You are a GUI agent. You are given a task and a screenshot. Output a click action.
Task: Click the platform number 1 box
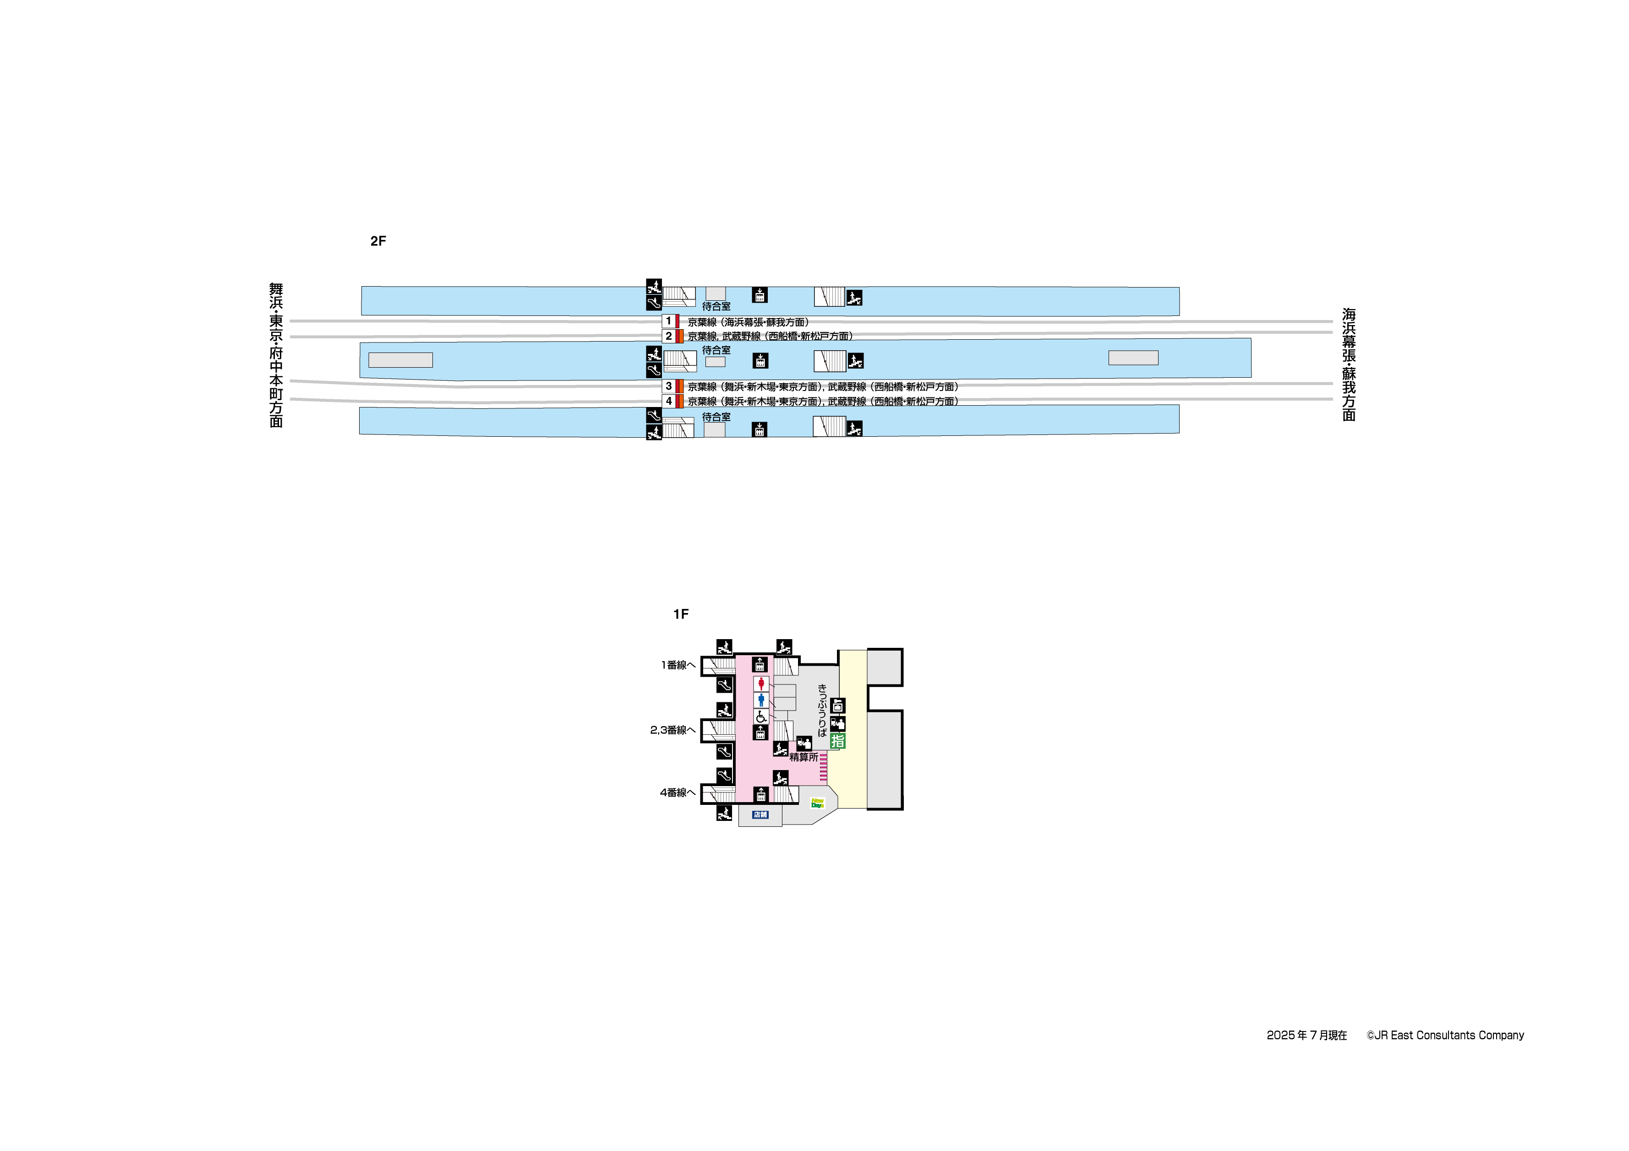click(668, 321)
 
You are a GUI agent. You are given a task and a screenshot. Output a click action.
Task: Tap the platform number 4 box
click(668, 402)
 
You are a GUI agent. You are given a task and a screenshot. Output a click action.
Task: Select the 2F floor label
click(378, 241)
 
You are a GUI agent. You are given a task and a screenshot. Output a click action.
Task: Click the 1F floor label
click(680, 614)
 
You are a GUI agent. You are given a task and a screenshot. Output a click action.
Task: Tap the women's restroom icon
click(760, 684)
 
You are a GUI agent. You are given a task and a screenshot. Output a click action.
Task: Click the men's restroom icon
click(760, 700)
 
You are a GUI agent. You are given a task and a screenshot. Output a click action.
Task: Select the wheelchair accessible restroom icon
click(760, 717)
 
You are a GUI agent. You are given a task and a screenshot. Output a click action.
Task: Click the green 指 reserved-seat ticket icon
click(837, 741)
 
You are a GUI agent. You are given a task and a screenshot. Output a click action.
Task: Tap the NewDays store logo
click(817, 803)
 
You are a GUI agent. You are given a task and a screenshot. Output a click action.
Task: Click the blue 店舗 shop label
click(760, 815)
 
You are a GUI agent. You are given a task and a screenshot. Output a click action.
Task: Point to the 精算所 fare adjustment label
click(804, 757)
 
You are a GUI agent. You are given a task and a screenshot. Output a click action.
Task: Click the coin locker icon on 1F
click(837, 706)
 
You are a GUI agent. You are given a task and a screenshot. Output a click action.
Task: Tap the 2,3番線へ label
click(672, 730)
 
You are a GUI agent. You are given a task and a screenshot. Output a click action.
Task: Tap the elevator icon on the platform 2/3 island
click(760, 361)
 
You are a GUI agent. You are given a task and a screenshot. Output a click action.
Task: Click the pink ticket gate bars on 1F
click(823, 767)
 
